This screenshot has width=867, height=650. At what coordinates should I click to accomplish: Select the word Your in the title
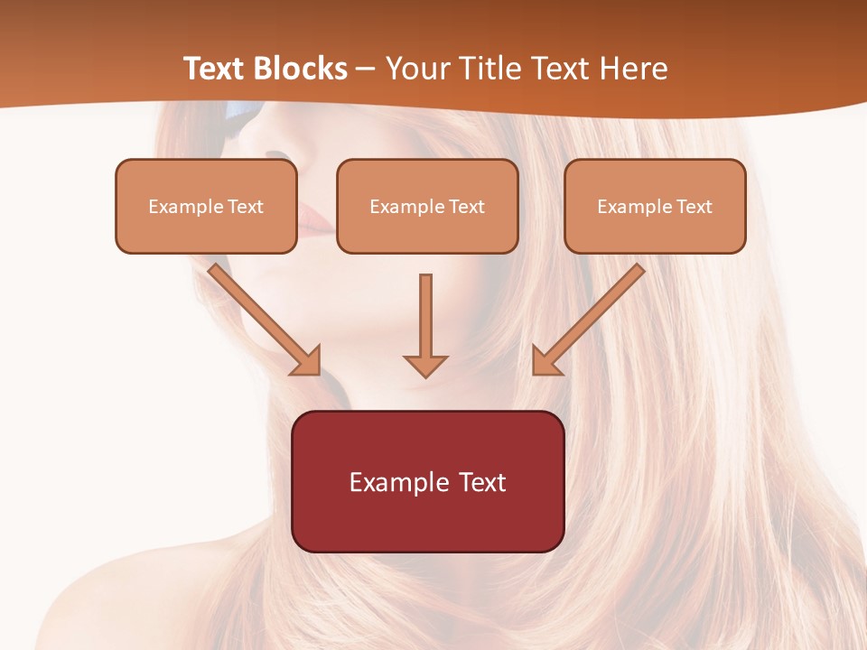pos(418,69)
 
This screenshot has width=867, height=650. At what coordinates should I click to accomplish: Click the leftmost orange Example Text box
pos(206,207)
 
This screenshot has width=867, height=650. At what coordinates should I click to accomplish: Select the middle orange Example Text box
pos(427,207)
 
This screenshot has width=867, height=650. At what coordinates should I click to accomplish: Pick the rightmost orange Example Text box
pos(655,207)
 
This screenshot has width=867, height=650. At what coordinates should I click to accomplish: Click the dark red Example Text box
pos(428,482)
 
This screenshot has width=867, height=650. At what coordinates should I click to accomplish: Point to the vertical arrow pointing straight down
pos(425,320)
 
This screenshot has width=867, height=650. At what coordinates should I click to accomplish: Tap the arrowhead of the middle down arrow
pos(425,365)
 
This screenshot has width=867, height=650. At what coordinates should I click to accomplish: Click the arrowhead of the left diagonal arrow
pos(308,362)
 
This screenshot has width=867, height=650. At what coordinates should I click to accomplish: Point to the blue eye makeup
pos(242,116)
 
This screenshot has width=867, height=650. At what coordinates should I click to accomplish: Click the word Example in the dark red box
pos(396,482)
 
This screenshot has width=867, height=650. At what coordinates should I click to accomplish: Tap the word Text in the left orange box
pos(246,207)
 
